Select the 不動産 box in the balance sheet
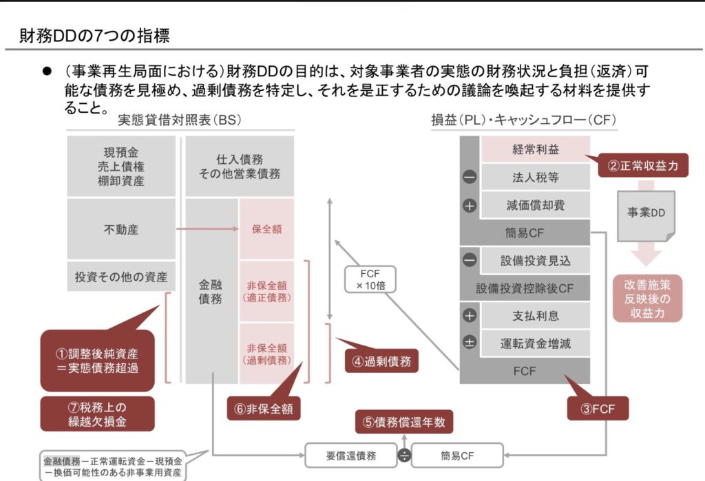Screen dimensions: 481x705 pyautogui.click(x=120, y=229)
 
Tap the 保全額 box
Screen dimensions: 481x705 pyautogui.click(x=266, y=229)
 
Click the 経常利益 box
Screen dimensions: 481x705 pyautogui.click(x=535, y=149)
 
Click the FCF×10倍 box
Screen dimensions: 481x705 pyautogui.click(x=370, y=279)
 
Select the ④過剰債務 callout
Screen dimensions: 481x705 pyautogui.click(x=381, y=359)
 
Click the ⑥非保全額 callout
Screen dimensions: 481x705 pyautogui.click(x=263, y=408)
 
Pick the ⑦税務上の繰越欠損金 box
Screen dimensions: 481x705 pyautogui.click(x=96, y=413)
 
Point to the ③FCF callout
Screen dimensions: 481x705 pyautogui.click(x=596, y=408)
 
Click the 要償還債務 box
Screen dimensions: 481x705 pyautogui.click(x=350, y=455)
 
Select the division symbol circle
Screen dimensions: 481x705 pyautogui.click(x=403, y=455)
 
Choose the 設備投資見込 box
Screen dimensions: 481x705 pyautogui.click(x=535, y=260)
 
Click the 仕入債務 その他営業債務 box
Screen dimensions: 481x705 pyautogui.click(x=239, y=167)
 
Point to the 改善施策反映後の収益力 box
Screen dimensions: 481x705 pyautogui.click(x=647, y=297)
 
